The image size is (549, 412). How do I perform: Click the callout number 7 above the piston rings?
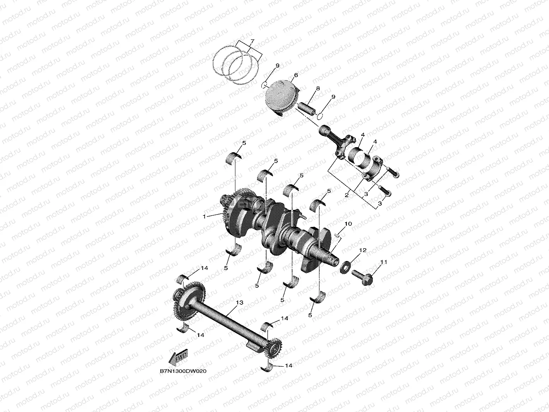tap(252, 41)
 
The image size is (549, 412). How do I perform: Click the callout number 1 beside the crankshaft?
tap(204, 216)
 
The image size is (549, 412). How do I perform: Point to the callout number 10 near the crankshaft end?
tap(348, 224)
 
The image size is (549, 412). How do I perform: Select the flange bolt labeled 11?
tap(362, 277)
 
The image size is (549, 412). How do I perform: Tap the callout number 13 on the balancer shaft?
tap(239, 302)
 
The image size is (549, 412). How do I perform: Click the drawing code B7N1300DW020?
tap(183, 378)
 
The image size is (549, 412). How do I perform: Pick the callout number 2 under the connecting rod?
tap(347, 195)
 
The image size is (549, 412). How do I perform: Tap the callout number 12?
tap(363, 250)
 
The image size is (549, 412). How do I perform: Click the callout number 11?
tap(384, 262)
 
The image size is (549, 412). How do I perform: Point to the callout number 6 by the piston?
tap(296, 75)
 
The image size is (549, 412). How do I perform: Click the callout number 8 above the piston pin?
tap(317, 88)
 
